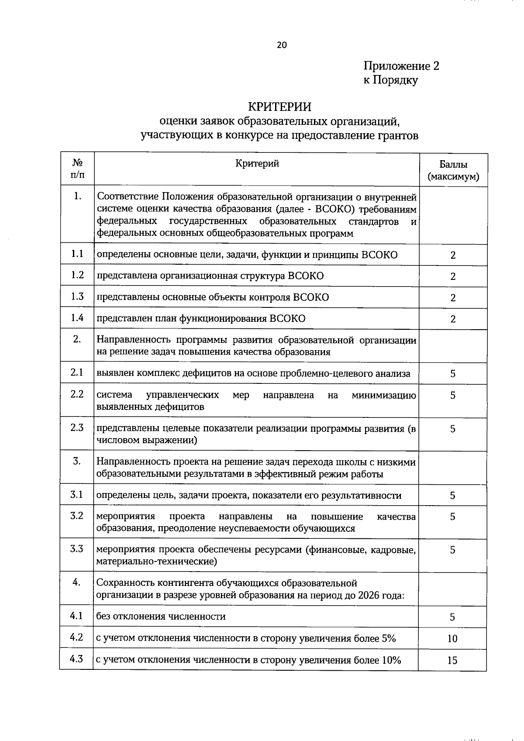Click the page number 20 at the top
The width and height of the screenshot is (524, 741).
(282, 45)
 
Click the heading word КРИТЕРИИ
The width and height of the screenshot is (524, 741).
(279, 107)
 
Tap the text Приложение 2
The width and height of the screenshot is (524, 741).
(401, 66)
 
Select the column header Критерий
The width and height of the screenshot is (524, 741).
(257, 164)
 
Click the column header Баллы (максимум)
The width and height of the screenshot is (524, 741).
(453, 171)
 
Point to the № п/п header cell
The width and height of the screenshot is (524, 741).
(77, 169)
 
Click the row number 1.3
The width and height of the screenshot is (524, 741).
(77, 296)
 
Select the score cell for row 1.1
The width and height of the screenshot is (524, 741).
(453, 255)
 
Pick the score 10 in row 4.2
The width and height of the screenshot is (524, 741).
(452, 639)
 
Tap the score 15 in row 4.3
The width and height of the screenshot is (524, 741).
(452, 661)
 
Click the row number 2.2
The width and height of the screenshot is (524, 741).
(77, 394)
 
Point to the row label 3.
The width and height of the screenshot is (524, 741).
(77, 461)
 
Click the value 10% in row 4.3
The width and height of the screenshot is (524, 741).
(391, 660)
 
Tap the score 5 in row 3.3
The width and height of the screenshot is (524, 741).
(452, 550)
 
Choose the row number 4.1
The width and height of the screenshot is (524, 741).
(76, 616)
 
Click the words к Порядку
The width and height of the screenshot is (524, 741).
(390, 80)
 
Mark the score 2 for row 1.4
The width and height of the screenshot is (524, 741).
(453, 319)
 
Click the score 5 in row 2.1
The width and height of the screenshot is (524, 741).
(453, 374)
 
